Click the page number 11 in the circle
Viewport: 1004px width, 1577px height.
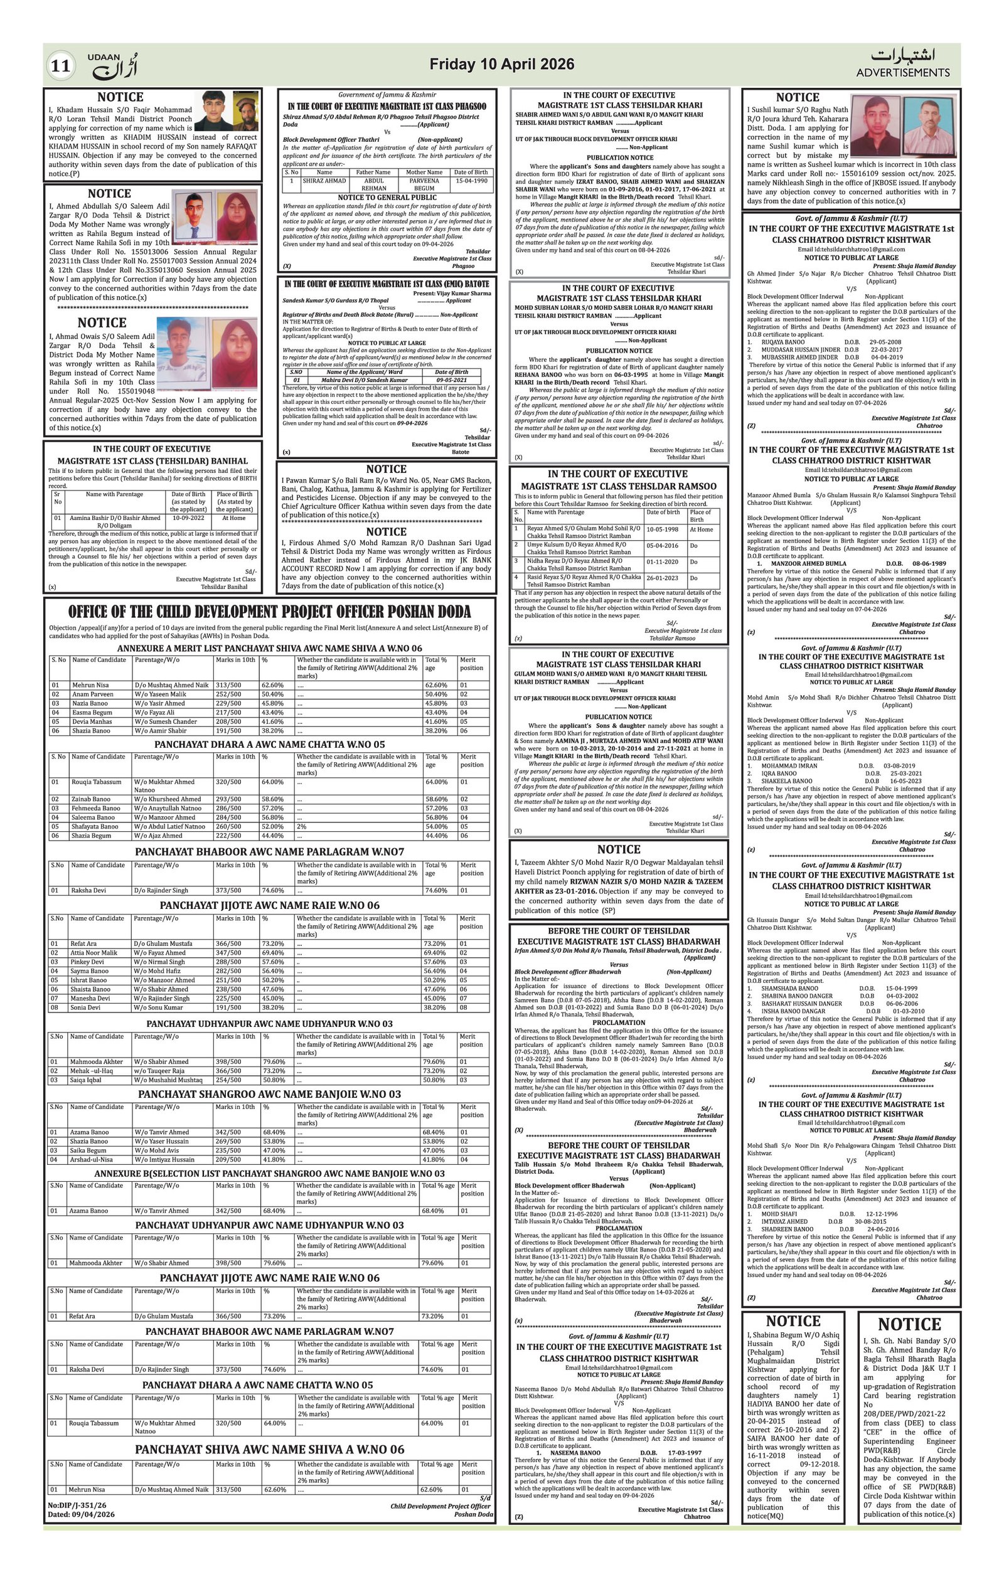tap(60, 66)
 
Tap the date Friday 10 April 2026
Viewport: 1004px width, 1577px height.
tap(501, 64)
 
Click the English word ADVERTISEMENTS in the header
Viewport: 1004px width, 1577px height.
tap(902, 73)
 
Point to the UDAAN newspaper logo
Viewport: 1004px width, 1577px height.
tap(113, 65)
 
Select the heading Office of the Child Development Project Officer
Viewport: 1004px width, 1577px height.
tap(269, 612)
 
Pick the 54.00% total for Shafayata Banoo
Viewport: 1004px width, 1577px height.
tap(436, 827)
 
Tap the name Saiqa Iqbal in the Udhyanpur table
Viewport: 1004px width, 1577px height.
tap(87, 1080)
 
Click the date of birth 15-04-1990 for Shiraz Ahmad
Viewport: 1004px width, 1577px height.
tap(471, 181)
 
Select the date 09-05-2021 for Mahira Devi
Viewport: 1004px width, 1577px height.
tap(451, 380)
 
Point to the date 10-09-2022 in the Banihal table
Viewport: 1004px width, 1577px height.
tap(189, 518)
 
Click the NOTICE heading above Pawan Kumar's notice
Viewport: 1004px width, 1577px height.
tap(387, 469)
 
